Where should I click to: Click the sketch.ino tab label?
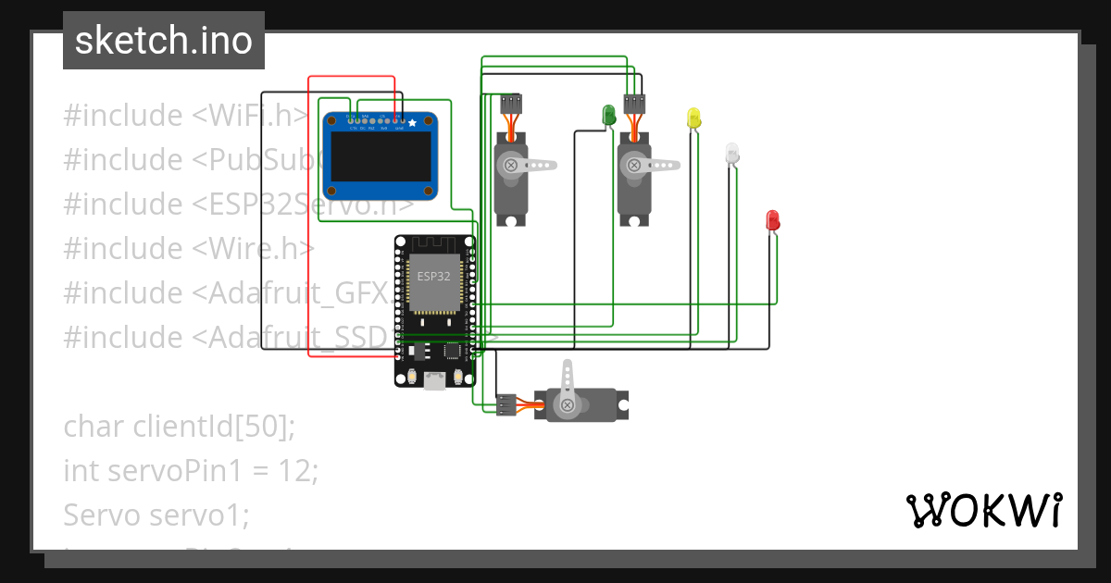tap(164, 41)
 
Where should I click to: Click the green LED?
tap(609, 115)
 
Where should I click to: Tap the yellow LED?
tap(694, 118)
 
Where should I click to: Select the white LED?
tap(732, 153)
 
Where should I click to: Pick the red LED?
tap(773, 220)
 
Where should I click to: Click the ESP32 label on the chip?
tap(434, 277)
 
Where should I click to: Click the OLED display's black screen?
tap(380, 155)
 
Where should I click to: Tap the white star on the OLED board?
tap(412, 122)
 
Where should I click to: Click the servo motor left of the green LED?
tap(511, 176)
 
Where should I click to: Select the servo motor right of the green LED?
tap(634, 176)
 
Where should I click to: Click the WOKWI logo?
tap(983, 510)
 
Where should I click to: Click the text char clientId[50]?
tap(179, 427)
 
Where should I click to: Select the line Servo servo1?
tap(156, 515)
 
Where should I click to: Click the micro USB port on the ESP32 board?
tap(433, 379)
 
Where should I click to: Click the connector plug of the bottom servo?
tap(506, 404)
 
